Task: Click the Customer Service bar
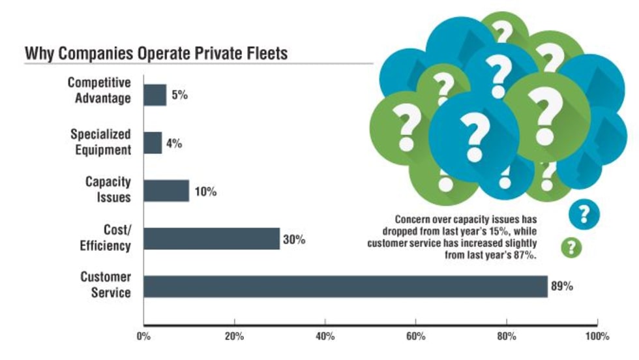tap(346, 286)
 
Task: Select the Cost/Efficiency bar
tap(211, 239)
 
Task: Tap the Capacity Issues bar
tap(166, 191)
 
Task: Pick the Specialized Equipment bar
tap(153, 143)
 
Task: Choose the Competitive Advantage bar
tap(155, 95)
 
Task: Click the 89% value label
tap(563, 286)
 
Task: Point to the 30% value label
tap(294, 239)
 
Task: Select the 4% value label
tap(173, 143)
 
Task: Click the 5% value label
tap(179, 95)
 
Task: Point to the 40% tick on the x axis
tap(325, 337)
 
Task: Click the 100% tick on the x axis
tap(597, 337)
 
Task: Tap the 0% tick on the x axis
tap(143, 337)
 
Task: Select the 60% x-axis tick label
tap(415, 337)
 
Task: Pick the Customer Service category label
tap(106, 284)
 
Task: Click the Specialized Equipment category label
tap(101, 142)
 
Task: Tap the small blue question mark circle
tap(584, 213)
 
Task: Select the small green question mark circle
tap(572, 247)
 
